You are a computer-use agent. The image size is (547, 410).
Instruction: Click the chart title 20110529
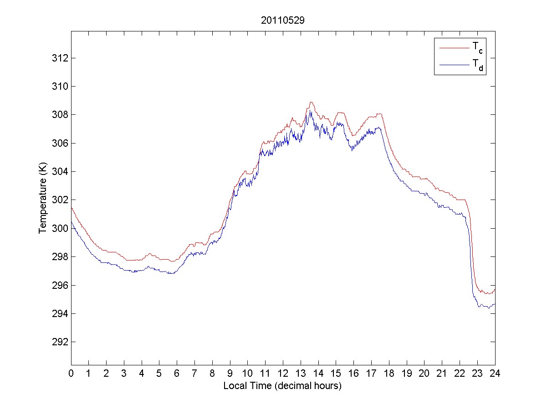tap(282, 20)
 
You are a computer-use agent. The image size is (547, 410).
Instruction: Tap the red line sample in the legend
tap(454, 47)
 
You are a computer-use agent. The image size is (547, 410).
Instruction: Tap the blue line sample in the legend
tap(454, 65)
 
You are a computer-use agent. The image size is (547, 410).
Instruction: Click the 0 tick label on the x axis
tap(71, 373)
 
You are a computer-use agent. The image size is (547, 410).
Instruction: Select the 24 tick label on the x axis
tap(495, 373)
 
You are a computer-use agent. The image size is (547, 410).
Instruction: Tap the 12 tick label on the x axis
tap(283, 373)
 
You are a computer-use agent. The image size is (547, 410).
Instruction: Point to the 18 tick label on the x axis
tap(389, 373)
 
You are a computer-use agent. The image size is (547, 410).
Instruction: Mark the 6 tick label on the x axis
tap(177, 373)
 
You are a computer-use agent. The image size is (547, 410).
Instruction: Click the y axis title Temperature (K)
tap(43, 200)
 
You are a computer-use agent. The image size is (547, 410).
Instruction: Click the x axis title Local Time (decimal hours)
tap(282, 386)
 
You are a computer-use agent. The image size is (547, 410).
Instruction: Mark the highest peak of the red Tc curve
tap(311, 102)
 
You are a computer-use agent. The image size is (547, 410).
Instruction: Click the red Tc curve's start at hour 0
tap(72, 208)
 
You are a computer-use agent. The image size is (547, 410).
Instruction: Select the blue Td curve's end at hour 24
tap(495, 304)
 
